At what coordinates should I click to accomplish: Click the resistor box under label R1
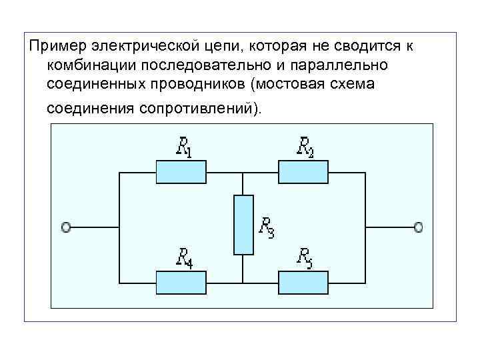coord(181,172)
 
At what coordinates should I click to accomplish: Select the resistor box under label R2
coord(303,172)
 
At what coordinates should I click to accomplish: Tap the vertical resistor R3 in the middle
coord(244,225)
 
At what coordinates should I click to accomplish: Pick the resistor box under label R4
coord(181,283)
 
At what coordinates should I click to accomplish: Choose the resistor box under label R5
coord(303,283)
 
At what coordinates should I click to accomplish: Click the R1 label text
coord(183,147)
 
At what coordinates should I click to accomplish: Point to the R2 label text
coord(305,147)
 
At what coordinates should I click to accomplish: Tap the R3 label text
coord(266,227)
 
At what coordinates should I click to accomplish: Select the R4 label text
coord(184,258)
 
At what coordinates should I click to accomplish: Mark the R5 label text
coord(305,257)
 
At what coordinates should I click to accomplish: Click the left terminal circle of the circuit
coord(66,227)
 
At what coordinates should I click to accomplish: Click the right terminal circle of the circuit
coord(418,227)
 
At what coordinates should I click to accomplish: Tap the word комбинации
coord(88,66)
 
